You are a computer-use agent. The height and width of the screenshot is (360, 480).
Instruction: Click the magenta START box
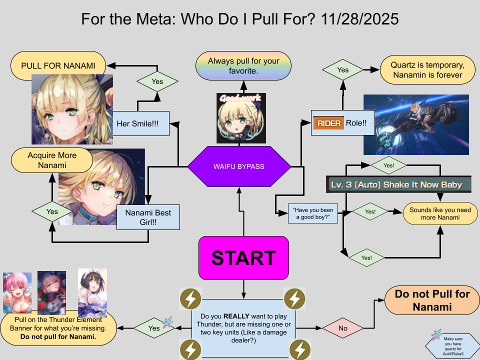coord(243,258)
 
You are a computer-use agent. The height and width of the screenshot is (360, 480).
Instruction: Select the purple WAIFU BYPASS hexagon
coord(239,166)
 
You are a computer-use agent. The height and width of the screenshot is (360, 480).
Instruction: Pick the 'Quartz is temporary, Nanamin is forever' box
coord(427,70)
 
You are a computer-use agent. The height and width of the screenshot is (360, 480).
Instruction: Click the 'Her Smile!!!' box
coord(140,123)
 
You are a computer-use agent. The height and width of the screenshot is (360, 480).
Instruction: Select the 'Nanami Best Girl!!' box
coord(148,217)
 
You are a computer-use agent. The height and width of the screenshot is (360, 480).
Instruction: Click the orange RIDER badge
coord(328,123)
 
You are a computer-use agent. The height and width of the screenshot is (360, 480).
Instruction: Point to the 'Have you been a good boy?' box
coord(313,213)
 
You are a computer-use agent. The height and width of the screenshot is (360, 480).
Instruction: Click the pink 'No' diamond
coord(342,328)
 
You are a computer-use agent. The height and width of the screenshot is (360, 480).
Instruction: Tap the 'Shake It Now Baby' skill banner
coord(398,185)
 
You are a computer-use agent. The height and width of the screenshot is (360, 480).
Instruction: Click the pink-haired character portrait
coord(17,292)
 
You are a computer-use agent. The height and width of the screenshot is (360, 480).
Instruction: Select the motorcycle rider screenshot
coord(416,124)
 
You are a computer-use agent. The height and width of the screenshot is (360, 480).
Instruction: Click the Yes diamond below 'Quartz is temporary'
coord(342,70)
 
